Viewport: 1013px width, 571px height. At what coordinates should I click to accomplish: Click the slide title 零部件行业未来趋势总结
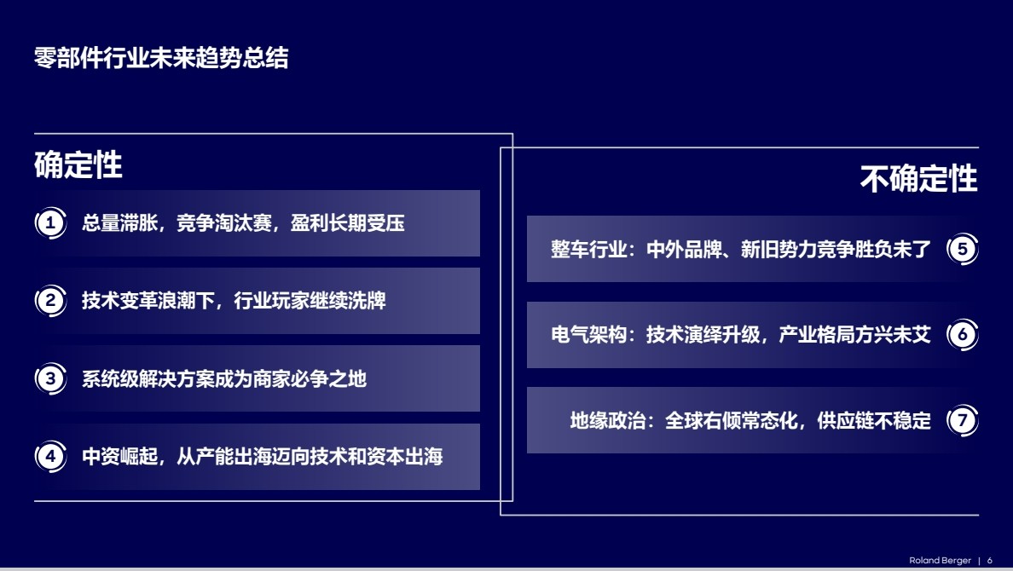(161, 58)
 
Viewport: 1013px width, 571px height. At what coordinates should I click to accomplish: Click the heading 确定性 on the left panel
(78, 164)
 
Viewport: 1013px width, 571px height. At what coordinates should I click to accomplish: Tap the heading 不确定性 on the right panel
(918, 179)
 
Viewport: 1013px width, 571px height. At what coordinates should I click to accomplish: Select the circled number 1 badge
(50, 222)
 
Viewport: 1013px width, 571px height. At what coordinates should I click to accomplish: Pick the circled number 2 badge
(50, 300)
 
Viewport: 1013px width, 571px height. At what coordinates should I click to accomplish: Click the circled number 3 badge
(50, 378)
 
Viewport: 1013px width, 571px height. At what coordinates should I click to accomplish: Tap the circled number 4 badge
(50, 456)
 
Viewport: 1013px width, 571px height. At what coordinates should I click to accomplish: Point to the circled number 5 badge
(963, 249)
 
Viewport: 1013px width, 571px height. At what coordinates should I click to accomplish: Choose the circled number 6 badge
(963, 334)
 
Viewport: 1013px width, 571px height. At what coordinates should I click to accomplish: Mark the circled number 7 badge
(963, 420)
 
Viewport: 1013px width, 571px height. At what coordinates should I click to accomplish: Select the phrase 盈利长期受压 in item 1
(348, 223)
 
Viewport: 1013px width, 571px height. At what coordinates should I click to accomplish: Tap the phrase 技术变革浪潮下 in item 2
(148, 301)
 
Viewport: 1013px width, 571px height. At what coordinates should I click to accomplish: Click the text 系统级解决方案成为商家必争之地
(224, 379)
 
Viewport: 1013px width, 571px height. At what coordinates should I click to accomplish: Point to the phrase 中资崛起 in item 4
(119, 457)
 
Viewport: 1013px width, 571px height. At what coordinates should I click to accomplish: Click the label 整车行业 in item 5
(588, 250)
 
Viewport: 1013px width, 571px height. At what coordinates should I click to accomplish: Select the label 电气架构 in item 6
(588, 335)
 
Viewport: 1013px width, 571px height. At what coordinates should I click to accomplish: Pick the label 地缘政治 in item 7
(607, 421)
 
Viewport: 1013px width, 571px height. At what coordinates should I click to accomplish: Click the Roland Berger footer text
(940, 561)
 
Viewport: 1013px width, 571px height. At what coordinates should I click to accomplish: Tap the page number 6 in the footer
(990, 561)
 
